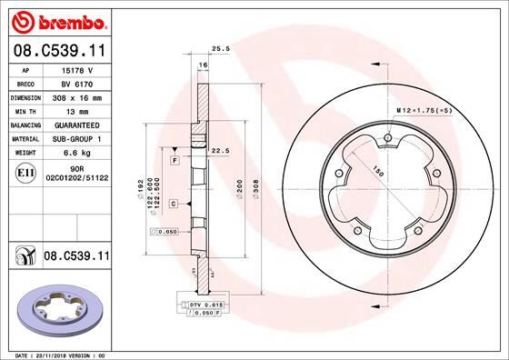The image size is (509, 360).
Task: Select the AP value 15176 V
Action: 77,69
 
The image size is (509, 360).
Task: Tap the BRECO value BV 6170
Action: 76,82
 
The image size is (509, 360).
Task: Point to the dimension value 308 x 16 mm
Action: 77,95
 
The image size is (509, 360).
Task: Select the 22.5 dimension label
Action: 218,151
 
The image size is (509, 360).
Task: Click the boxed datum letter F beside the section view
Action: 174,160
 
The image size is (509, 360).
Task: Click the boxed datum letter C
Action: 173,204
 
